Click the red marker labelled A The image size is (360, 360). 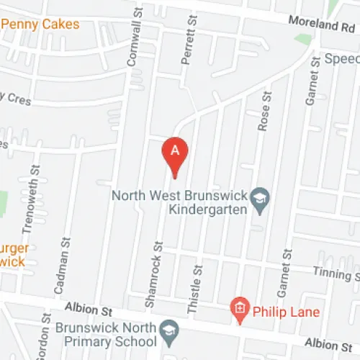(x=174, y=153)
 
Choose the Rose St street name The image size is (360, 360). (x=264, y=110)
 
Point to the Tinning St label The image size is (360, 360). (x=336, y=272)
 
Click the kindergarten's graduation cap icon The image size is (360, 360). (x=260, y=197)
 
